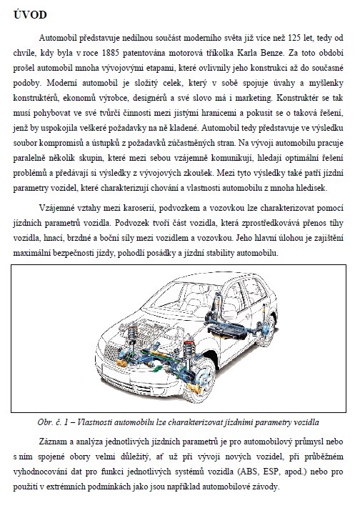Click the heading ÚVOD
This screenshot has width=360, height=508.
point(30,15)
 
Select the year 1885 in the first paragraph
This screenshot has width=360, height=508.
point(110,53)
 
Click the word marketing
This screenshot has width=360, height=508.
point(254,98)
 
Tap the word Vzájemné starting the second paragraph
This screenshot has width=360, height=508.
point(57,208)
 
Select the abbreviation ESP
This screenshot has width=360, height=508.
point(271,472)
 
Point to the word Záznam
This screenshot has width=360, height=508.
point(52,442)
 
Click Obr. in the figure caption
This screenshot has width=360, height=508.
point(45,422)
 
